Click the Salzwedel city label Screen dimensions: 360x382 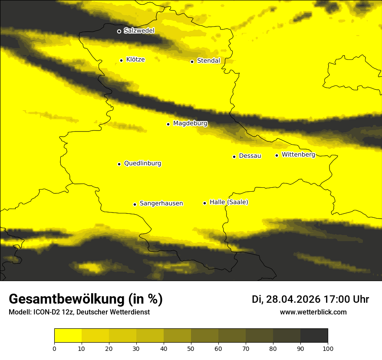[x=139, y=31]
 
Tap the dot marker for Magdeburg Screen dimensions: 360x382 [x=168, y=124]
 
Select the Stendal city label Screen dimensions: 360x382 [x=208, y=61]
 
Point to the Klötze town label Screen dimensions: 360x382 [x=135, y=60]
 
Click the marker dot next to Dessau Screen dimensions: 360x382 [x=234, y=157]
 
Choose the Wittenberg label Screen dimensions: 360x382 [x=298, y=155]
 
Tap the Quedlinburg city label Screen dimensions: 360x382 [x=142, y=164]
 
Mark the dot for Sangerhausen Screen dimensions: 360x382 [x=135, y=204]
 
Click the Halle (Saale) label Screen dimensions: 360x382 [x=229, y=203]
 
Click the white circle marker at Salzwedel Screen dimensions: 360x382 [x=119, y=31]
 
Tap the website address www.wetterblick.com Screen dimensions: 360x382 [x=313, y=312]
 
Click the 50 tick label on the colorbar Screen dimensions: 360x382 [x=191, y=348]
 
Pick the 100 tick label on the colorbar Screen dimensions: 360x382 [x=328, y=348]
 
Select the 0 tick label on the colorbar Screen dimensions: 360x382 [x=54, y=348]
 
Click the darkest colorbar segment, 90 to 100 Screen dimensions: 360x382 [x=314, y=336]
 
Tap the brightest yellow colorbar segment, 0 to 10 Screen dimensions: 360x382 [x=68, y=336]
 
